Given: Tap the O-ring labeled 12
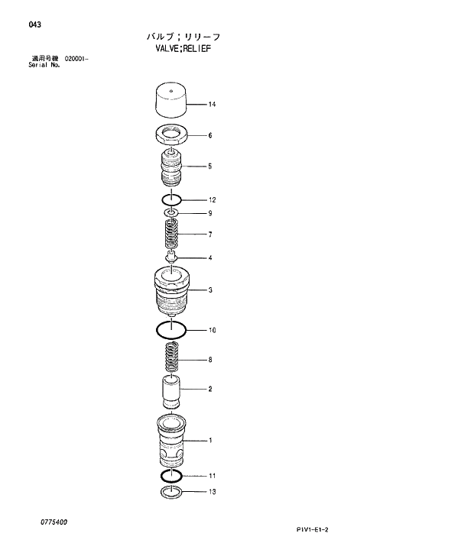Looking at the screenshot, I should [171, 200].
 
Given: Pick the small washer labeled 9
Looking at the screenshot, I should [171, 213].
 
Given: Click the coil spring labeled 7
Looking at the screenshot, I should [171, 233].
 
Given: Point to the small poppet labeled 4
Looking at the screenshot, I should [171, 258].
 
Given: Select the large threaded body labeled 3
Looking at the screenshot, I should [171, 292].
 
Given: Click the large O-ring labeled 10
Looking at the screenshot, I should [171, 330].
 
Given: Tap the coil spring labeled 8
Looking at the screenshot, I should [171, 359].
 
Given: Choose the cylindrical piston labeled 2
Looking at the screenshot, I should [171, 390].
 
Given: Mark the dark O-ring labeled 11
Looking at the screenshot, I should [171, 476].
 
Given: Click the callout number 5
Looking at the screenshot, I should [209, 166].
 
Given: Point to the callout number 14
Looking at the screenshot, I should [212, 104].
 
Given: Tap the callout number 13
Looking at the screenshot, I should [212, 492].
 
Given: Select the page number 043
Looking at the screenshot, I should [34, 24].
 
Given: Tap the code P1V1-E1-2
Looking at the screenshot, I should [317, 529].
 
